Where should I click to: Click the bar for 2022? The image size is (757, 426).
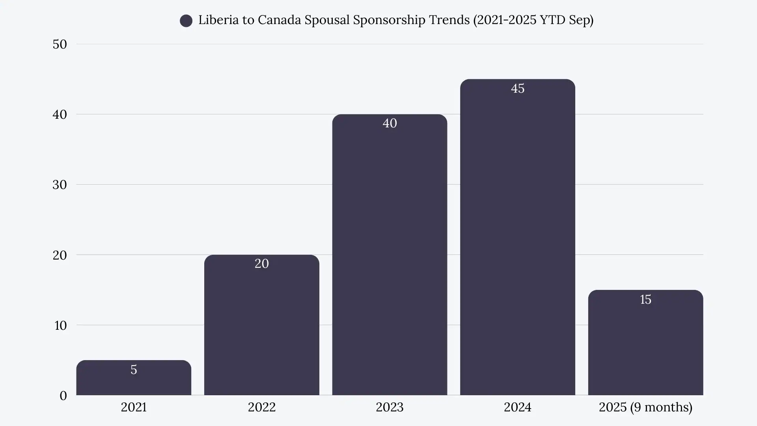[261, 327]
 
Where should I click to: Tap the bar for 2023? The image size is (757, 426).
[390, 256]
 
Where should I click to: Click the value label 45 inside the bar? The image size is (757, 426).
[517, 88]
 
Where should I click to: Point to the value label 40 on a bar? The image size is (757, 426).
[390, 123]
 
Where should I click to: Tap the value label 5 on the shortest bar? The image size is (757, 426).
[134, 370]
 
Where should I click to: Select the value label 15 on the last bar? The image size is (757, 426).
[645, 299]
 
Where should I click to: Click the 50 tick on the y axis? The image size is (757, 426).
[60, 44]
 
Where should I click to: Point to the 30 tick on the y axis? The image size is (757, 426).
[60, 185]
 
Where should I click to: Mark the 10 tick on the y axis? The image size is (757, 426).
[60, 325]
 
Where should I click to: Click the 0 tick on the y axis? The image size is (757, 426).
[63, 396]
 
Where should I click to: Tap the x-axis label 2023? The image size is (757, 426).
[390, 407]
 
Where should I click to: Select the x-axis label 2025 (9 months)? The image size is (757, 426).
[645, 407]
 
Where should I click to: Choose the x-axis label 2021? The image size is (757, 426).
[134, 407]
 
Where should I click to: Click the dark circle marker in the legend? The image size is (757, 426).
[186, 21]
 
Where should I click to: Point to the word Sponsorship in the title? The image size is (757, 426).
[389, 20]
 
